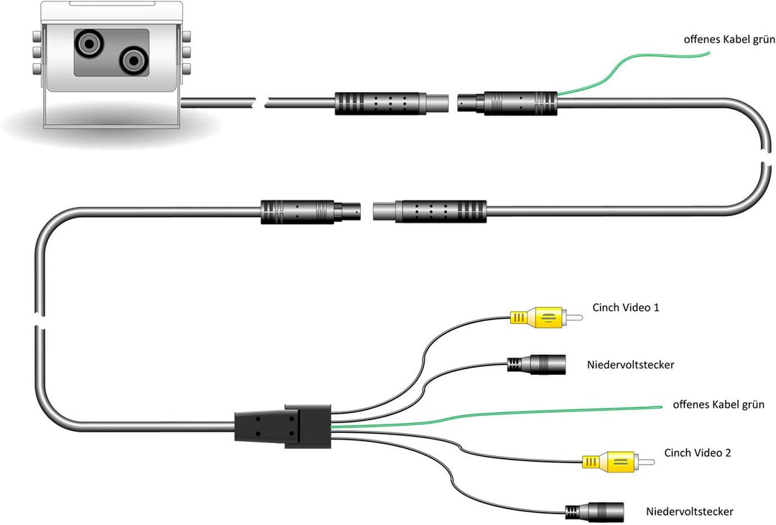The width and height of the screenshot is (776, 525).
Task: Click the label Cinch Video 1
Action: [x=626, y=307]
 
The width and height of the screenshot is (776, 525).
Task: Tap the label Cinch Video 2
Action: [x=698, y=452]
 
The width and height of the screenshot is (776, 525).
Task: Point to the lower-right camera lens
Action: [x=131, y=62]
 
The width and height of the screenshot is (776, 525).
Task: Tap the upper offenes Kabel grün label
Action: [x=729, y=40]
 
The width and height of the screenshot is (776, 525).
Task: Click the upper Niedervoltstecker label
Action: [x=629, y=365]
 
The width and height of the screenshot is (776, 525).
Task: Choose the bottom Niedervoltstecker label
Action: [x=689, y=511]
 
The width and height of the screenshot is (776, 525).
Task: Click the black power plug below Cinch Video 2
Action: [x=596, y=511]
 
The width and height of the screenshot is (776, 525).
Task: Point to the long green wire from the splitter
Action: [x=503, y=415]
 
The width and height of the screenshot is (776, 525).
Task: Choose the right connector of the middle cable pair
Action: [x=431, y=211]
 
